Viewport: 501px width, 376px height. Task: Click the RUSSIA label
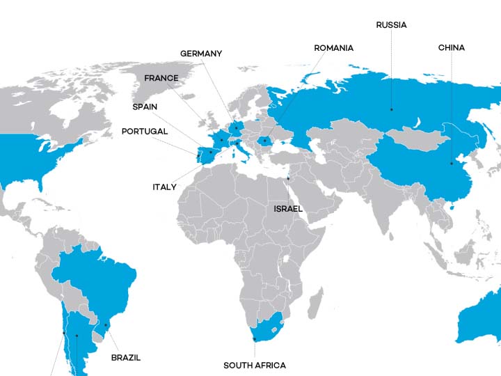coord(391,25)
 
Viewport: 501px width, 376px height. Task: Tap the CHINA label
coord(451,48)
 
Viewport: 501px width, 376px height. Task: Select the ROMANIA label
coord(333,48)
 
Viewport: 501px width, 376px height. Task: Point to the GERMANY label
coord(201,54)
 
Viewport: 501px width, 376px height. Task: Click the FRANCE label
coord(161,78)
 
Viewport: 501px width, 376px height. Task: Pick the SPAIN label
coord(145,107)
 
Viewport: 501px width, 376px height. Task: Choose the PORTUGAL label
coord(144,132)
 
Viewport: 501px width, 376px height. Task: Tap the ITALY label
coord(165,187)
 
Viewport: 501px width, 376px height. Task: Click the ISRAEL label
coord(288,208)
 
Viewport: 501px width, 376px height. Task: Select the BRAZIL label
coord(126,358)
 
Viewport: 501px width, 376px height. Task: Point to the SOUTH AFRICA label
coord(254,365)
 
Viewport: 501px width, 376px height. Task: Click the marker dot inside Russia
coord(391,109)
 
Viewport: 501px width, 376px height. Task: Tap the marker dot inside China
coord(451,164)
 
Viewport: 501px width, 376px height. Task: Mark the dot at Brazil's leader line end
coord(106,324)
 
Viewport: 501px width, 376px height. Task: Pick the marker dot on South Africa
coord(255,339)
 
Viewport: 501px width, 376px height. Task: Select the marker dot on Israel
coord(288,178)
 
